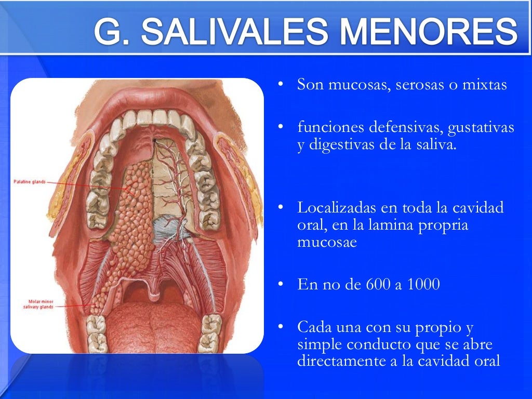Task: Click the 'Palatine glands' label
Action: [x=30, y=182]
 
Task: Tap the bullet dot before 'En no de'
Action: [x=281, y=285]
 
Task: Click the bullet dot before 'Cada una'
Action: [x=281, y=327]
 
